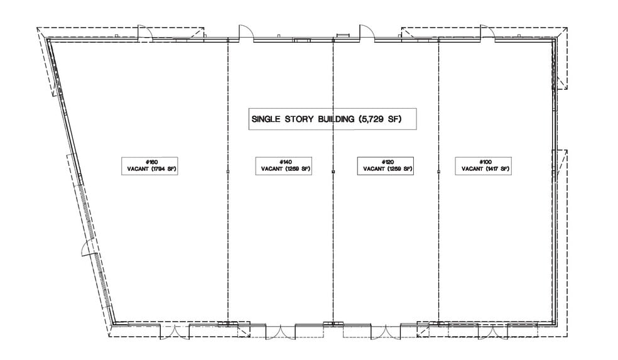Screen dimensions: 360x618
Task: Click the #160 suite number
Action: [x=149, y=161]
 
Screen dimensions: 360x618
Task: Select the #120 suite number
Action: [x=386, y=161]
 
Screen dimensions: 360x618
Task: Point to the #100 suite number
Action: [x=485, y=161]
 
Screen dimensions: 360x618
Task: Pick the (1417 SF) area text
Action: [x=496, y=169]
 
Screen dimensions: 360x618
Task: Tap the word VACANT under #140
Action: [x=271, y=169]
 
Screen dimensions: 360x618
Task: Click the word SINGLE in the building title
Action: [x=268, y=118]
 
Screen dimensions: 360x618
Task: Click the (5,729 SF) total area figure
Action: [x=380, y=118]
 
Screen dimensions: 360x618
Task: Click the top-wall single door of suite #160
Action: [x=144, y=33]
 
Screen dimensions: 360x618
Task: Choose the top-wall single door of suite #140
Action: [x=245, y=33]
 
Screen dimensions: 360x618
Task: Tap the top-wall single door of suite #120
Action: [x=366, y=33]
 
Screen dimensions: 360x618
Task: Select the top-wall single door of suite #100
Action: [x=487, y=33]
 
